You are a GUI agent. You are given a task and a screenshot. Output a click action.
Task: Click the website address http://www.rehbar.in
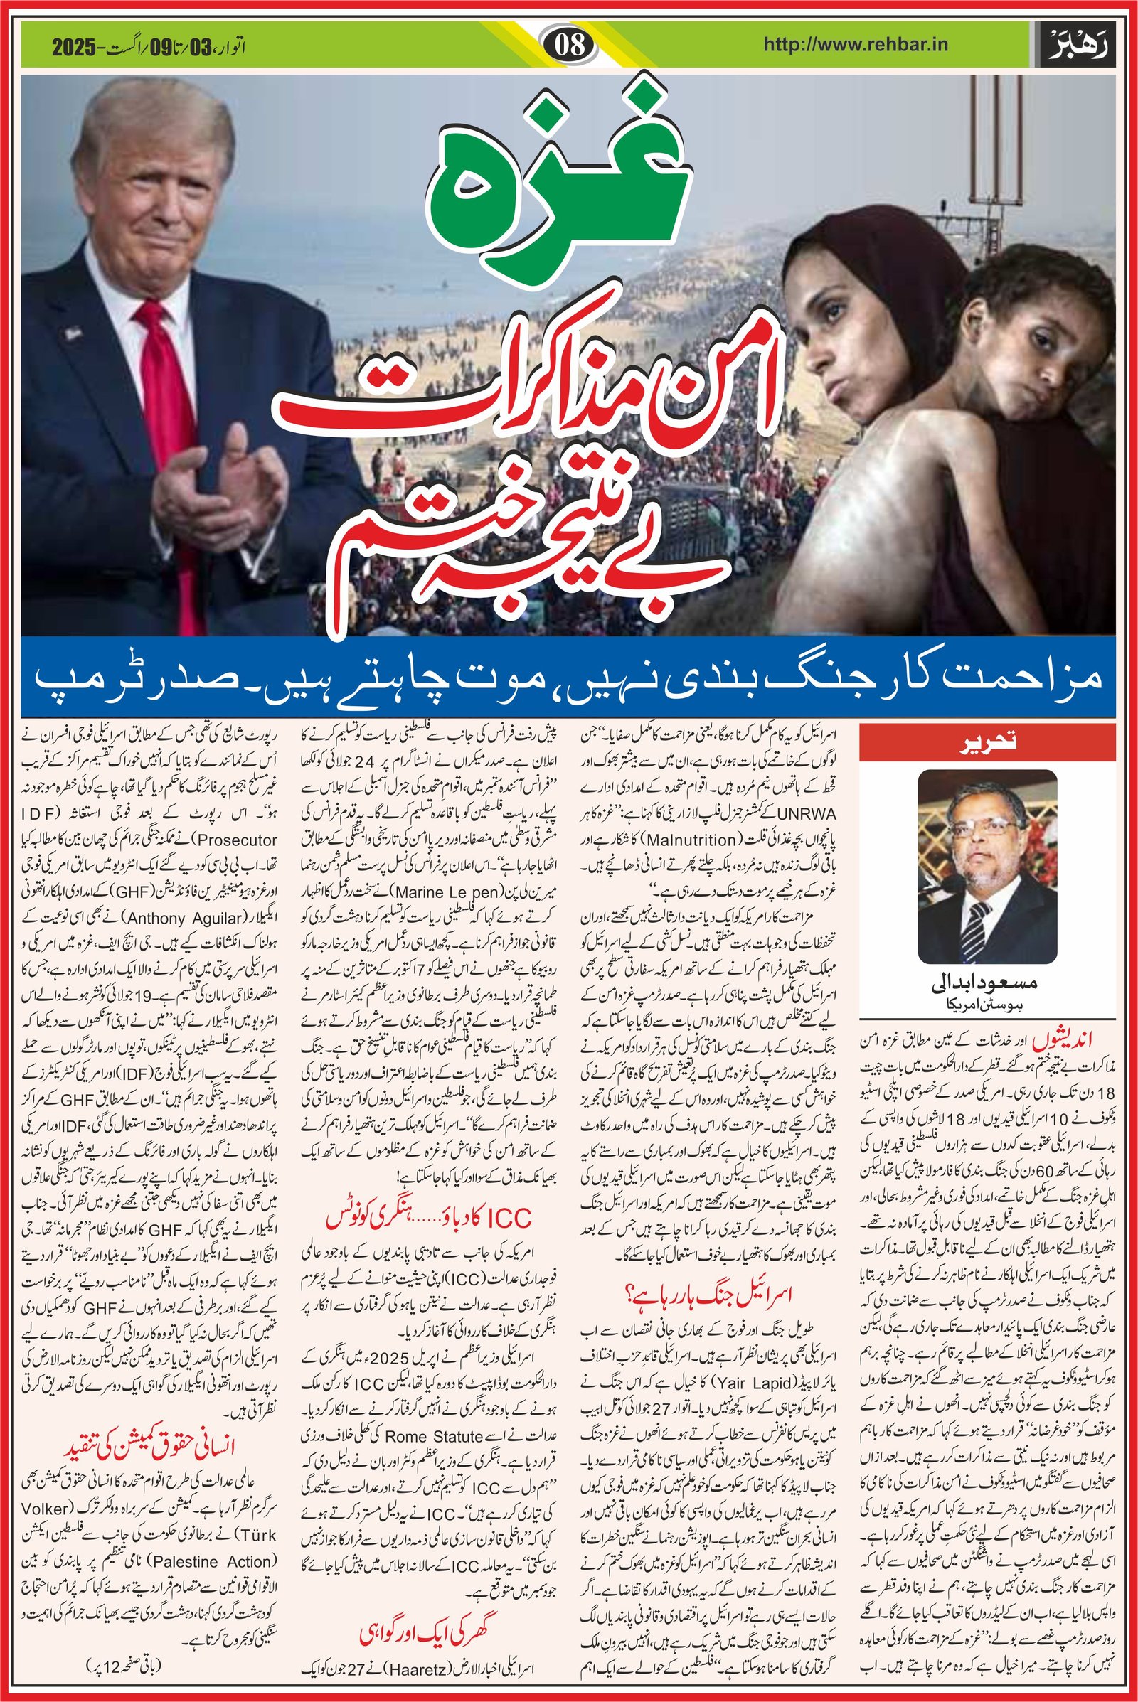pyautogui.click(x=856, y=45)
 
